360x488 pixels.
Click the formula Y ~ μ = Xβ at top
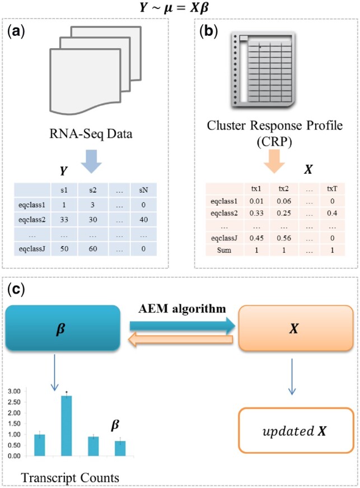tap(174, 7)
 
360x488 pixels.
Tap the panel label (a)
tap(16, 32)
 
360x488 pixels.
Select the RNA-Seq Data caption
tap(91, 134)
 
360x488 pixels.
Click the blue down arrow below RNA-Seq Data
tap(91, 161)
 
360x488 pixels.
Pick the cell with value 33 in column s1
tap(64, 220)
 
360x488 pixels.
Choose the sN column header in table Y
tap(143, 190)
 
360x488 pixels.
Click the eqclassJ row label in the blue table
tap(32, 249)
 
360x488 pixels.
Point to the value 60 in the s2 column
tap(93, 249)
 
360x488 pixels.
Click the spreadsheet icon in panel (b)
tap(263, 69)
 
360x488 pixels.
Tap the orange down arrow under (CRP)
tap(274, 161)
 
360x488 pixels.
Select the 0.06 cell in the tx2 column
tap(284, 201)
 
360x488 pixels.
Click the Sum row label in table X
tap(224, 250)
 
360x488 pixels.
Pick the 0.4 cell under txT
tap(332, 213)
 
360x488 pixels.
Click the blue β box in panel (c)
tap(63, 328)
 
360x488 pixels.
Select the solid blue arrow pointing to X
tap(183, 326)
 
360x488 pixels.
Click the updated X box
tap(296, 430)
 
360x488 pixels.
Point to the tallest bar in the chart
tap(67, 426)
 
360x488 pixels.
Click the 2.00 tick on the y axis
tap(15, 413)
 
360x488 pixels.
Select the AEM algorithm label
tap(182, 309)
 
